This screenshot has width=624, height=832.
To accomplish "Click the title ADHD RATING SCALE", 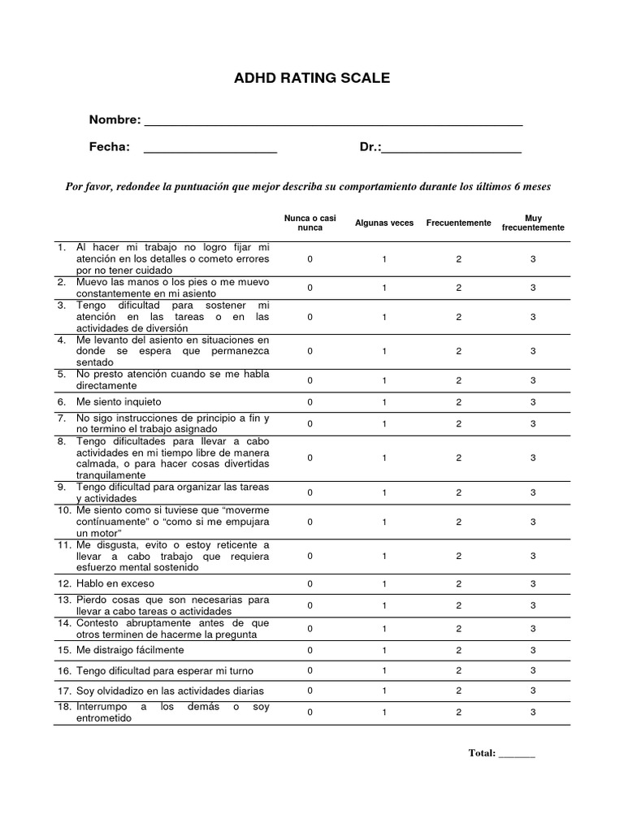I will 312,79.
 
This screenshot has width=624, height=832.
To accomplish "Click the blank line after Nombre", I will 332,123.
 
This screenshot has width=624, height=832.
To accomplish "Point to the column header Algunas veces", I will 384,223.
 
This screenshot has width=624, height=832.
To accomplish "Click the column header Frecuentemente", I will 458,223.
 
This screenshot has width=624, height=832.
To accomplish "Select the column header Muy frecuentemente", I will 533,223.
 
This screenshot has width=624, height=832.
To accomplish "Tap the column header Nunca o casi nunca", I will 310,223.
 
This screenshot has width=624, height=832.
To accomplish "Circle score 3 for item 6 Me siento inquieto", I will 533,402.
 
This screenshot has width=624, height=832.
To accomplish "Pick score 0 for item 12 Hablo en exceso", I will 310,584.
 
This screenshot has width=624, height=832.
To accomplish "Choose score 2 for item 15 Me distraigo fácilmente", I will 458,650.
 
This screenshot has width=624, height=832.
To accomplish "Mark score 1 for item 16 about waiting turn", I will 384,670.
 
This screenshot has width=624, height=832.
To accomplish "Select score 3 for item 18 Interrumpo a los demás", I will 533,712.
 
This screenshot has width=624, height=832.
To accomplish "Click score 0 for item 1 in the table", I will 310,258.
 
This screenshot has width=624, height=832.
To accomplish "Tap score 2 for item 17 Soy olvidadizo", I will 458,691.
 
